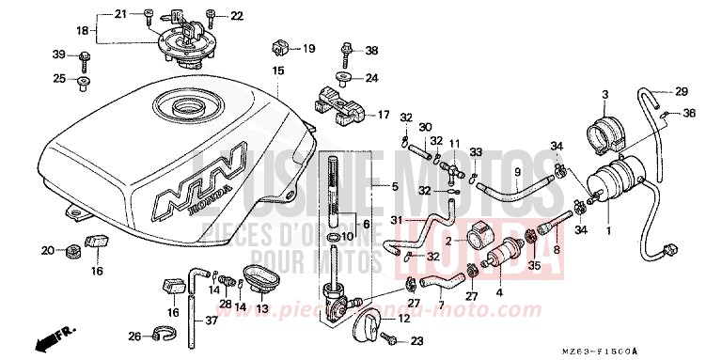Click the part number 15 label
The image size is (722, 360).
point(277,70)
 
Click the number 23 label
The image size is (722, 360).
point(417,341)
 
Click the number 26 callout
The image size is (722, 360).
point(133,335)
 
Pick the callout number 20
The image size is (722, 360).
point(46,249)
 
